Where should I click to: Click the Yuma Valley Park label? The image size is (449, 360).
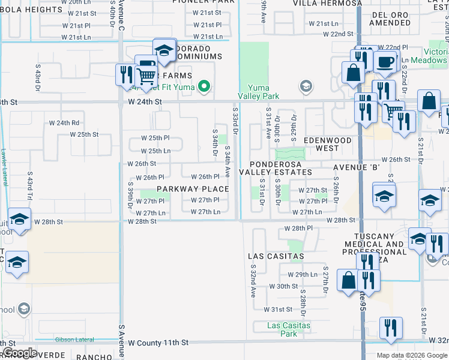259,92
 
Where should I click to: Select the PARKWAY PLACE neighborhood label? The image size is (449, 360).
193,189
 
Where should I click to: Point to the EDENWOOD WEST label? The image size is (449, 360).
327,144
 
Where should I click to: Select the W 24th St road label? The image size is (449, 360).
145,102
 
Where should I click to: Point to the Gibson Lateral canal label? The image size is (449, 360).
74,340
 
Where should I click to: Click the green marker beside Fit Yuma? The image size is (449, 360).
204,88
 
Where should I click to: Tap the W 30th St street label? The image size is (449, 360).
283,286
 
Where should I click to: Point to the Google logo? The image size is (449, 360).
19,353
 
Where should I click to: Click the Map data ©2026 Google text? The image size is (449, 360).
412,355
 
